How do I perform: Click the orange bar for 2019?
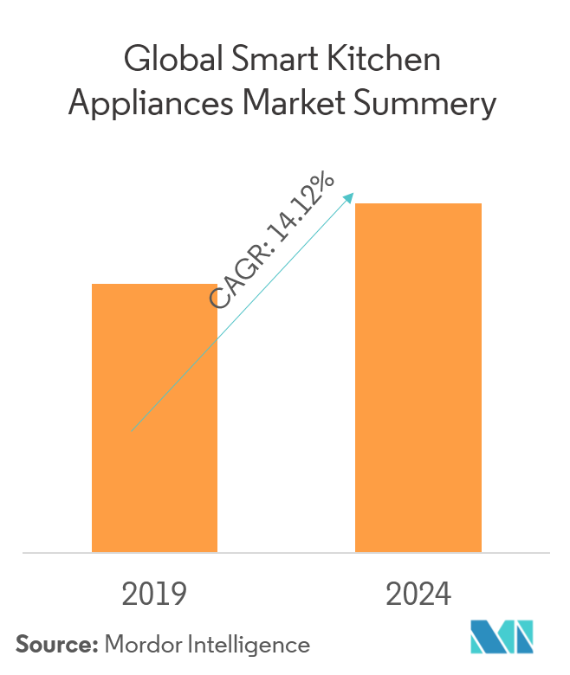click(x=154, y=433)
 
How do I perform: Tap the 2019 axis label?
click(x=154, y=595)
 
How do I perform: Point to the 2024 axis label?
click(x=418, y=595)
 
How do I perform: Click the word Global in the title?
click(x=173, y=60)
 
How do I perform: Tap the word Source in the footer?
click(x=55, y=645)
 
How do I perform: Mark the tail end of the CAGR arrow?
click(x=133, y=428)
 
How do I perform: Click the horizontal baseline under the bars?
click(x=286, y=552)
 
